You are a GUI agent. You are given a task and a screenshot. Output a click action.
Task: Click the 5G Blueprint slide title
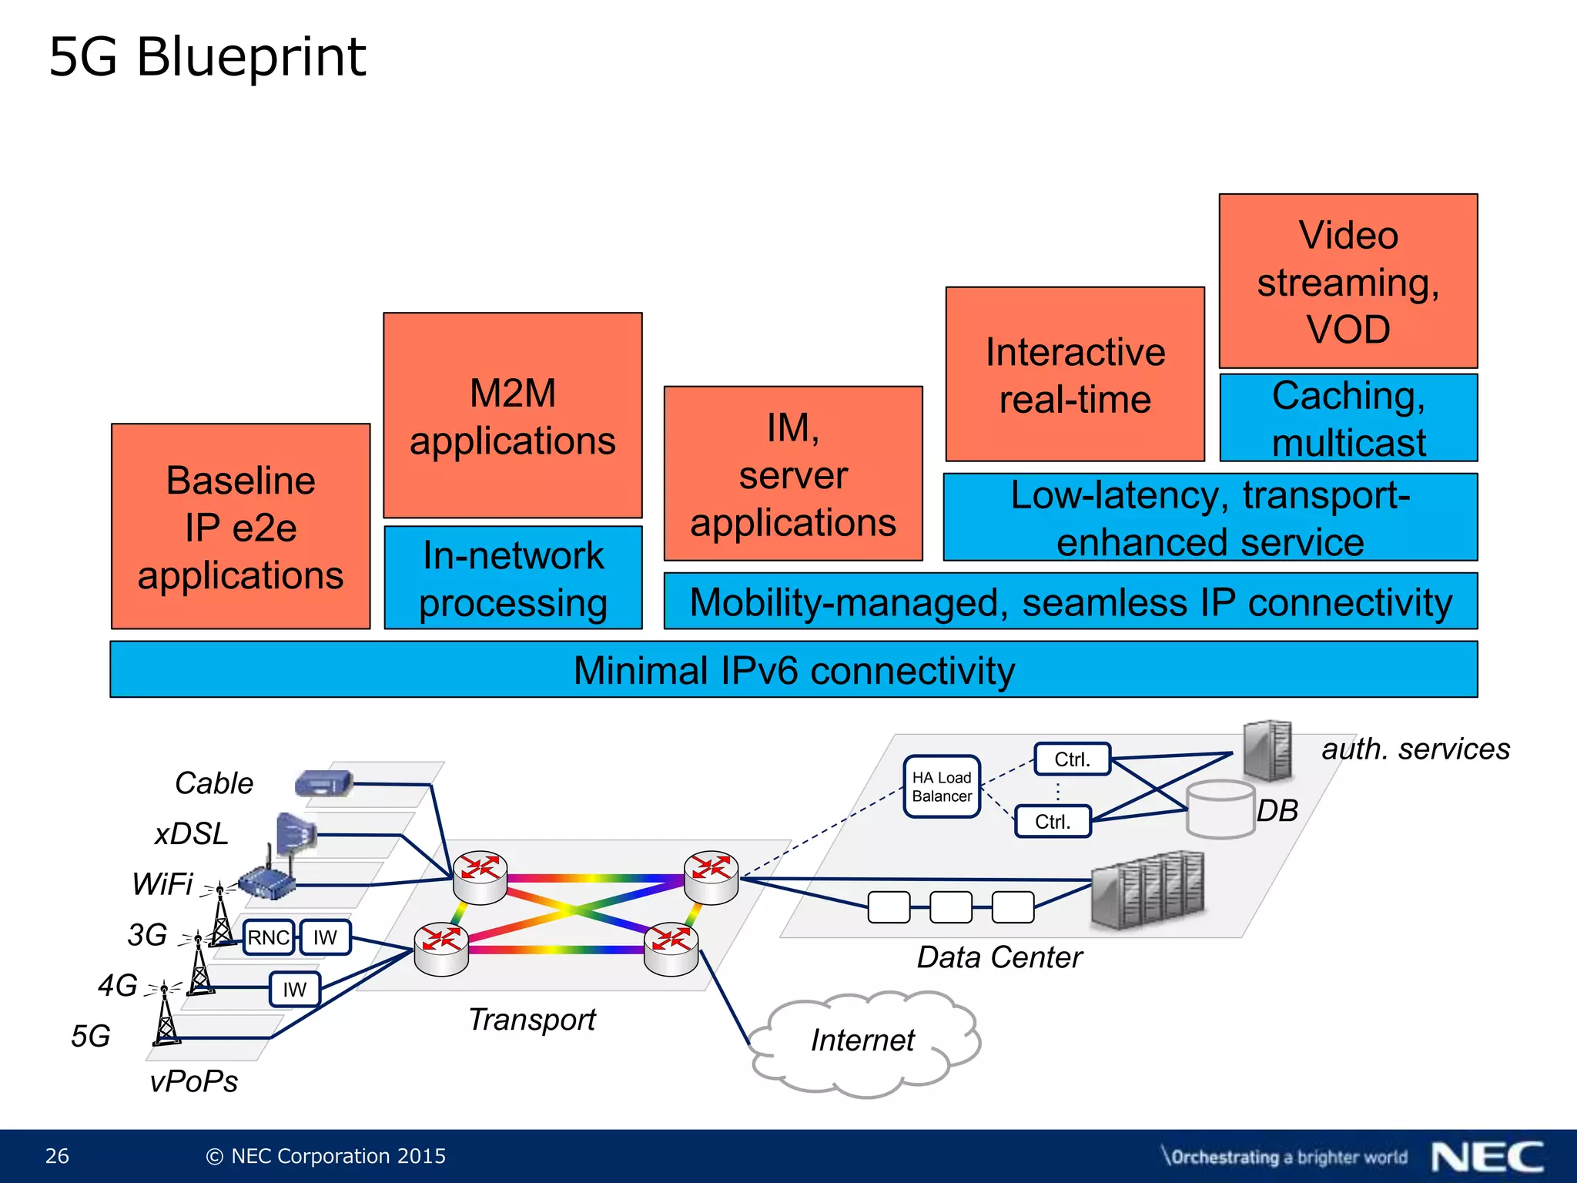(207, 58)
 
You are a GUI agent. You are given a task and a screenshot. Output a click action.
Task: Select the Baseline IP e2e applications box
(240, 527)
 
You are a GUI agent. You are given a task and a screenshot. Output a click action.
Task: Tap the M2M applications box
(512, 416)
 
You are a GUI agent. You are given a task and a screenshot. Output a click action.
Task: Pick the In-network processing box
(513, 578)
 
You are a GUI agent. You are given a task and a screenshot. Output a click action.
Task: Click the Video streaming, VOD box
(1348, 282)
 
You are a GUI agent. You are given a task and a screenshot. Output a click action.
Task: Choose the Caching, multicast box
(1348, 418)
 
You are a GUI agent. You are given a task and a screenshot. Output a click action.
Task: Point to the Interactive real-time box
(1074, 375)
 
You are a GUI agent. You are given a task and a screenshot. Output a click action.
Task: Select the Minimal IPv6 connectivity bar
(793, 670)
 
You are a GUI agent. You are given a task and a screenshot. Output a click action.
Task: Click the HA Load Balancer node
(941, 786)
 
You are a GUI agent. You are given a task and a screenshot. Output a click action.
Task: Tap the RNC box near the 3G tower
(268, 937)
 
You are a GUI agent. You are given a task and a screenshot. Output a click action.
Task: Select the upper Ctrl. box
(1072, 759)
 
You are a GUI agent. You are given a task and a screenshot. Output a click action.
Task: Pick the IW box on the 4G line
(294, 990)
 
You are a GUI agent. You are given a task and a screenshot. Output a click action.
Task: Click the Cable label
(214, 783)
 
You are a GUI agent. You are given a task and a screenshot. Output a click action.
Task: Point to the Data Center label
(999, 957)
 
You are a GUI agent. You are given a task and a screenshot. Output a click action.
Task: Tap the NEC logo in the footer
(1487, 1157)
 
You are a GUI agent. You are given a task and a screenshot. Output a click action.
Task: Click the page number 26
(57, 1156)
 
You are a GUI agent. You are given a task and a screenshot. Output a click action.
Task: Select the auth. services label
(1415, 749)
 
